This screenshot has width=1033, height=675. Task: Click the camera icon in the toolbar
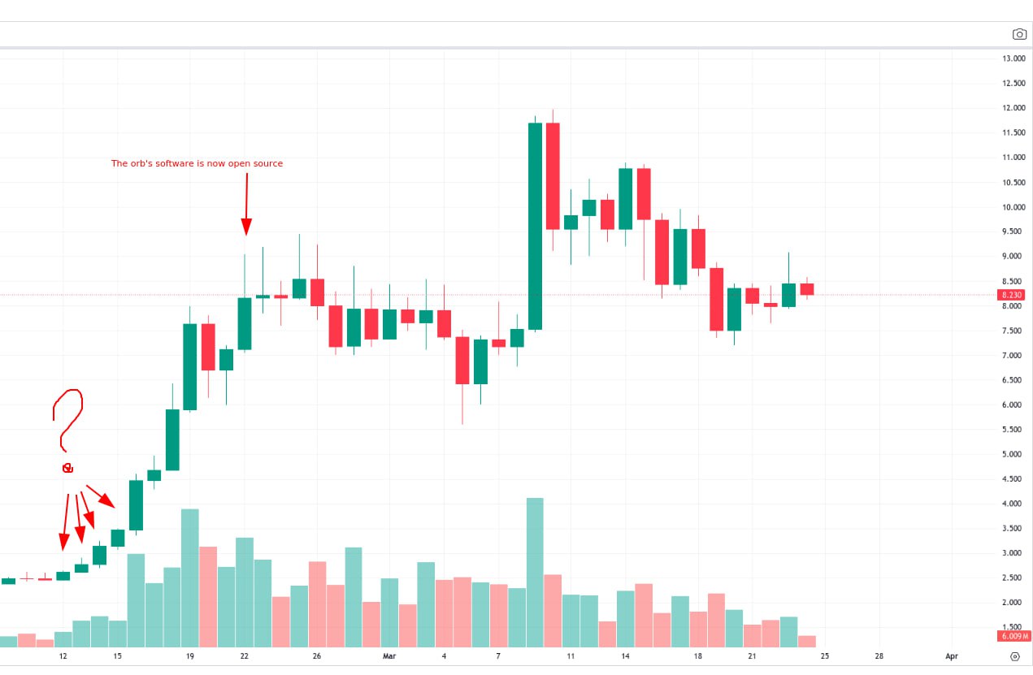click(x=1019, y=34)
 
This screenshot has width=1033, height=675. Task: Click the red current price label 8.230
click(x=1012, y=295)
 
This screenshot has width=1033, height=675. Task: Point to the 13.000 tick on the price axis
click(x=1013, y=58)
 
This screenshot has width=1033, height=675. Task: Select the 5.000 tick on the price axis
click(x=1013, y=454)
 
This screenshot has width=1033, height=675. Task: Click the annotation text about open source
click(x=197, y=163)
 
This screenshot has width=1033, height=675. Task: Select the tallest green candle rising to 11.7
click(x=535, y=226)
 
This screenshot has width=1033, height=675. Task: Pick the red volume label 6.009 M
click(x=1015, y=636)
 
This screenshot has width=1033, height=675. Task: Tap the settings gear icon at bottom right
click(x=1015, y=656)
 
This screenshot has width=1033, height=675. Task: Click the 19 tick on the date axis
click(x=189, y=656)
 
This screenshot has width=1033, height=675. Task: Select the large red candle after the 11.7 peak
click(x=553, y=175)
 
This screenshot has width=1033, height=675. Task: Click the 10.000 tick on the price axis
click(x=1013, y=207)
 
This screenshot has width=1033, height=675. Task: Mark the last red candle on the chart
click(x=807, y=289)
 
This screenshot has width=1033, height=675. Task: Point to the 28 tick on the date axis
click(x=879, y=656)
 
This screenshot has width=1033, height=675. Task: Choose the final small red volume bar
click(x=807, y=641)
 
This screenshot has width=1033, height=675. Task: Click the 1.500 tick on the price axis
click(x=1013, y=627)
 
